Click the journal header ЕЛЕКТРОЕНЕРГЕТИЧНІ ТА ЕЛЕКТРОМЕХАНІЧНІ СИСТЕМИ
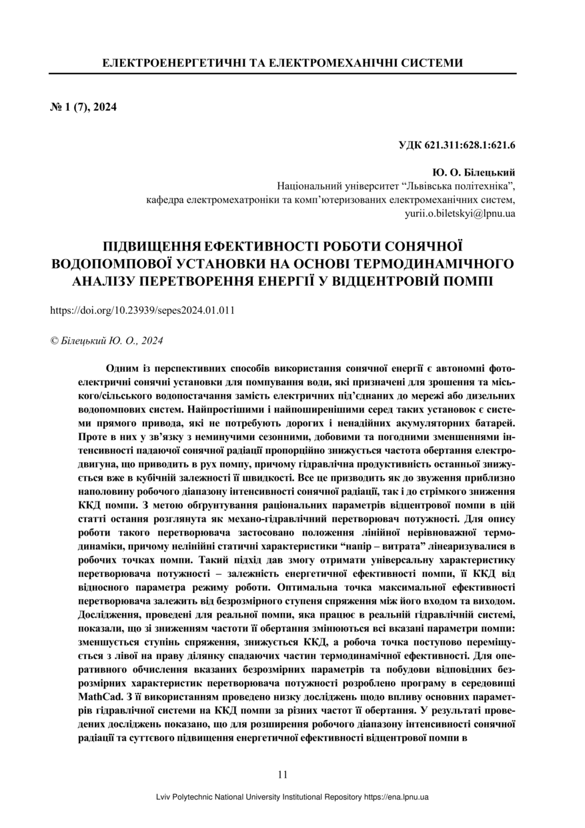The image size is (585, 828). pos(282,63)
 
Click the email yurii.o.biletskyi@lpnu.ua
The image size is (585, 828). pos(460,213)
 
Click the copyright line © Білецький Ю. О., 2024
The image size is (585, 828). pos(107,341)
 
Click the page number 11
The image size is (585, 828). pos(282,775)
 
